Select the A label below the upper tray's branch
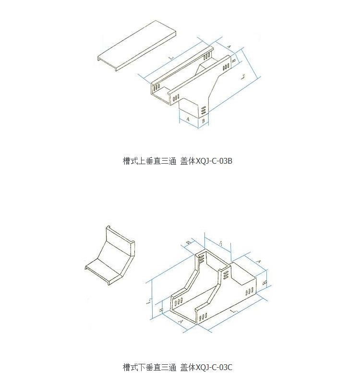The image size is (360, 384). point(188,118)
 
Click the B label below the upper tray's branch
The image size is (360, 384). point(203,121)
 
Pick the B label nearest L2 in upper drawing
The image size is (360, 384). point(233,61)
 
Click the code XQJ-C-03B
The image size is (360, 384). point(215,161)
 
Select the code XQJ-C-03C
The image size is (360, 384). point(215,368)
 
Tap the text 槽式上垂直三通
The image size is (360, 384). point(149,161)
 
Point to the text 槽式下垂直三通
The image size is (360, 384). point(149,368)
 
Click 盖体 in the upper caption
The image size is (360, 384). point(188,161)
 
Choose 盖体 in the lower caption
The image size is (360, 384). point(188,368)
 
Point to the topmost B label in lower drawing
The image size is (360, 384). point(189,243)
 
